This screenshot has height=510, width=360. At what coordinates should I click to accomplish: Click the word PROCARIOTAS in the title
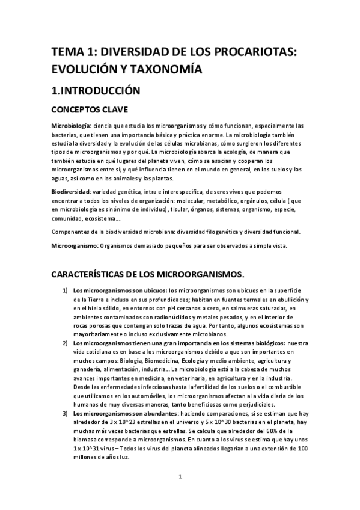[x=253, y=52]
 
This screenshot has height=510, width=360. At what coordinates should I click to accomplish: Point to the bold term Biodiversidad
[x=70, y=191]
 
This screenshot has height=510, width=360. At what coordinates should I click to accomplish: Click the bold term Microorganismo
[x=73, y=245]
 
